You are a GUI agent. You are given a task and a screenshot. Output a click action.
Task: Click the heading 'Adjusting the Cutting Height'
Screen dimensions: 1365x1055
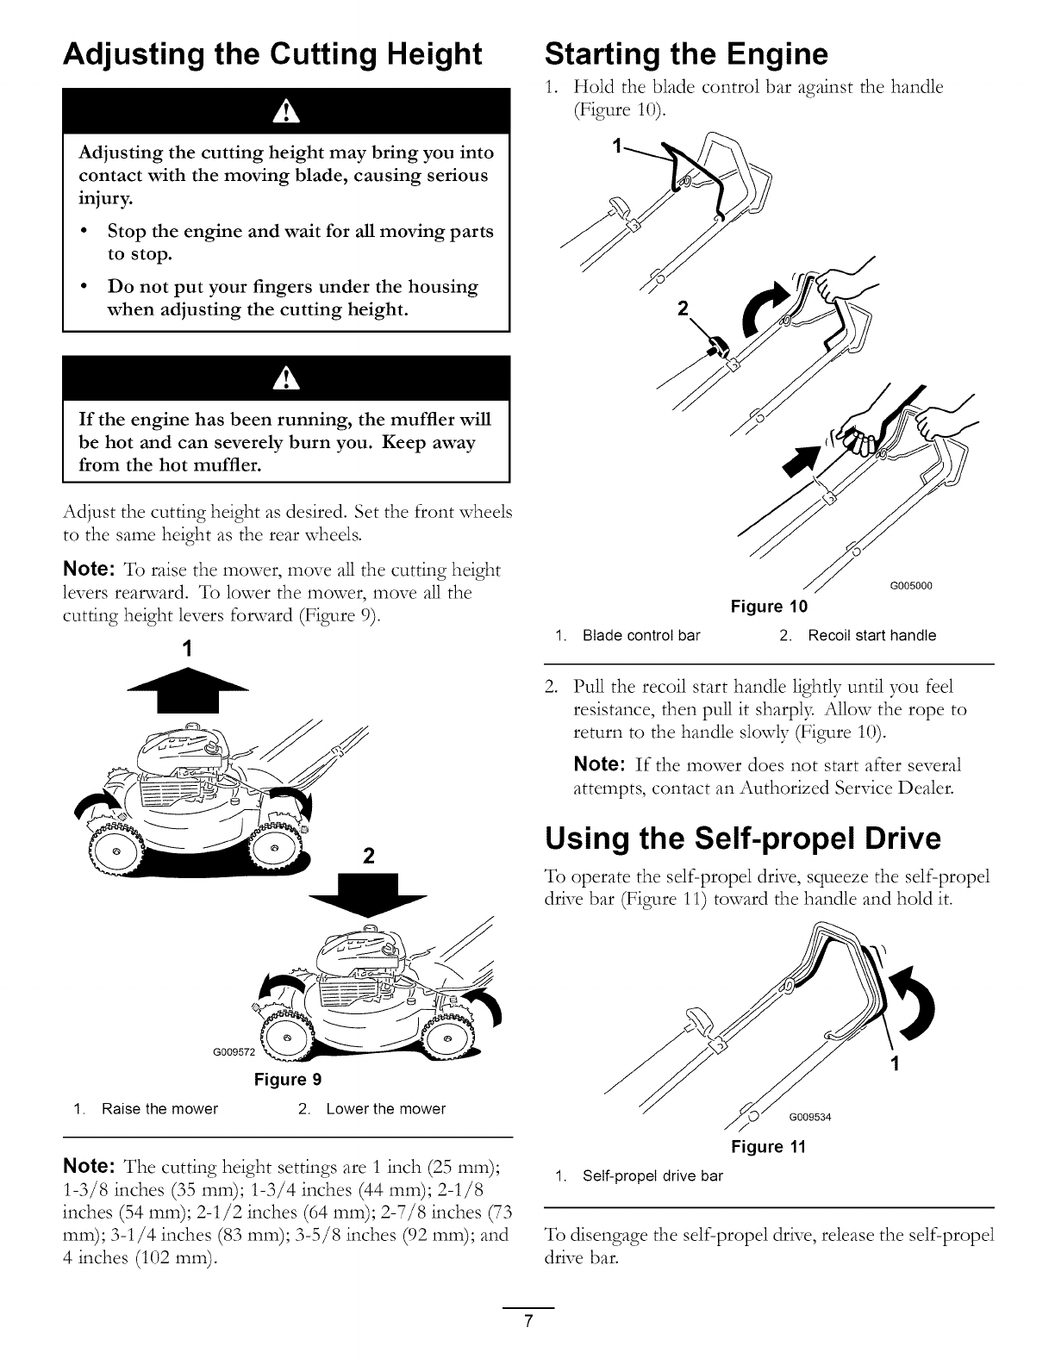click(272, 54)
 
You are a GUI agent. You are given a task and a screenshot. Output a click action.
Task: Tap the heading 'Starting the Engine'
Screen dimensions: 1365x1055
click(686, 54)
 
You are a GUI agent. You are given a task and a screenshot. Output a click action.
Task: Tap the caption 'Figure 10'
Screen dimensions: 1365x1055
click(769, 607)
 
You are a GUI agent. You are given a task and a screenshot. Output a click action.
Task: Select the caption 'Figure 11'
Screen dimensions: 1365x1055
click(767, 1147)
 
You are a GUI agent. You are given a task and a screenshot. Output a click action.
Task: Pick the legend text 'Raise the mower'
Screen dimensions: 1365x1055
click(159, 1109)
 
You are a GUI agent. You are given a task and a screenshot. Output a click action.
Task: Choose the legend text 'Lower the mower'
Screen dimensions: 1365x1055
click(385, 1109)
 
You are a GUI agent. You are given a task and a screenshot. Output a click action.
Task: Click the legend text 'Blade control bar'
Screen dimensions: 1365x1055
click(641, 636)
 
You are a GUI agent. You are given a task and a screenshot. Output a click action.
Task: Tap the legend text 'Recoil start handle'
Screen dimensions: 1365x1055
click(871, 636)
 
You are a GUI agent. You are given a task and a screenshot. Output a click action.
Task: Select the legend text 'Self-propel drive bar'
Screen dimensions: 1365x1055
click(652, 1175)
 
